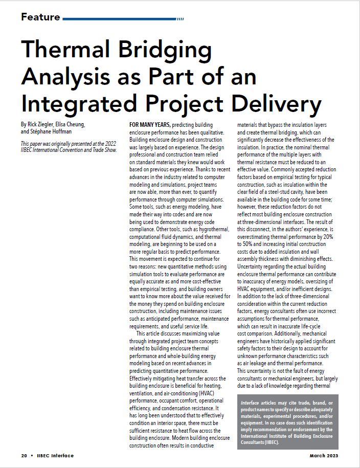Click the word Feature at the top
(x=40, y=17)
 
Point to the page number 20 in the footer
(x=24, y=455)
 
